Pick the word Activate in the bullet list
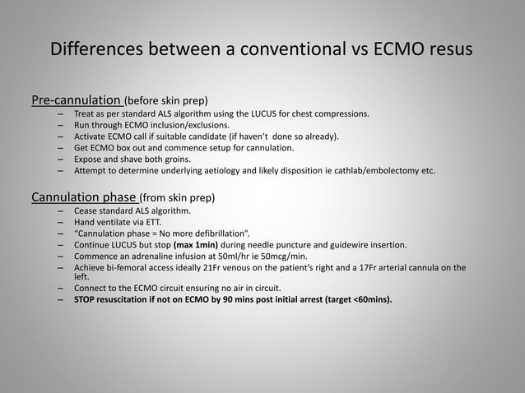click(x=91, y=136)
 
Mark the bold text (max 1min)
click(x=194, y=244)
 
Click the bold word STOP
click(x=86, y=299)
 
